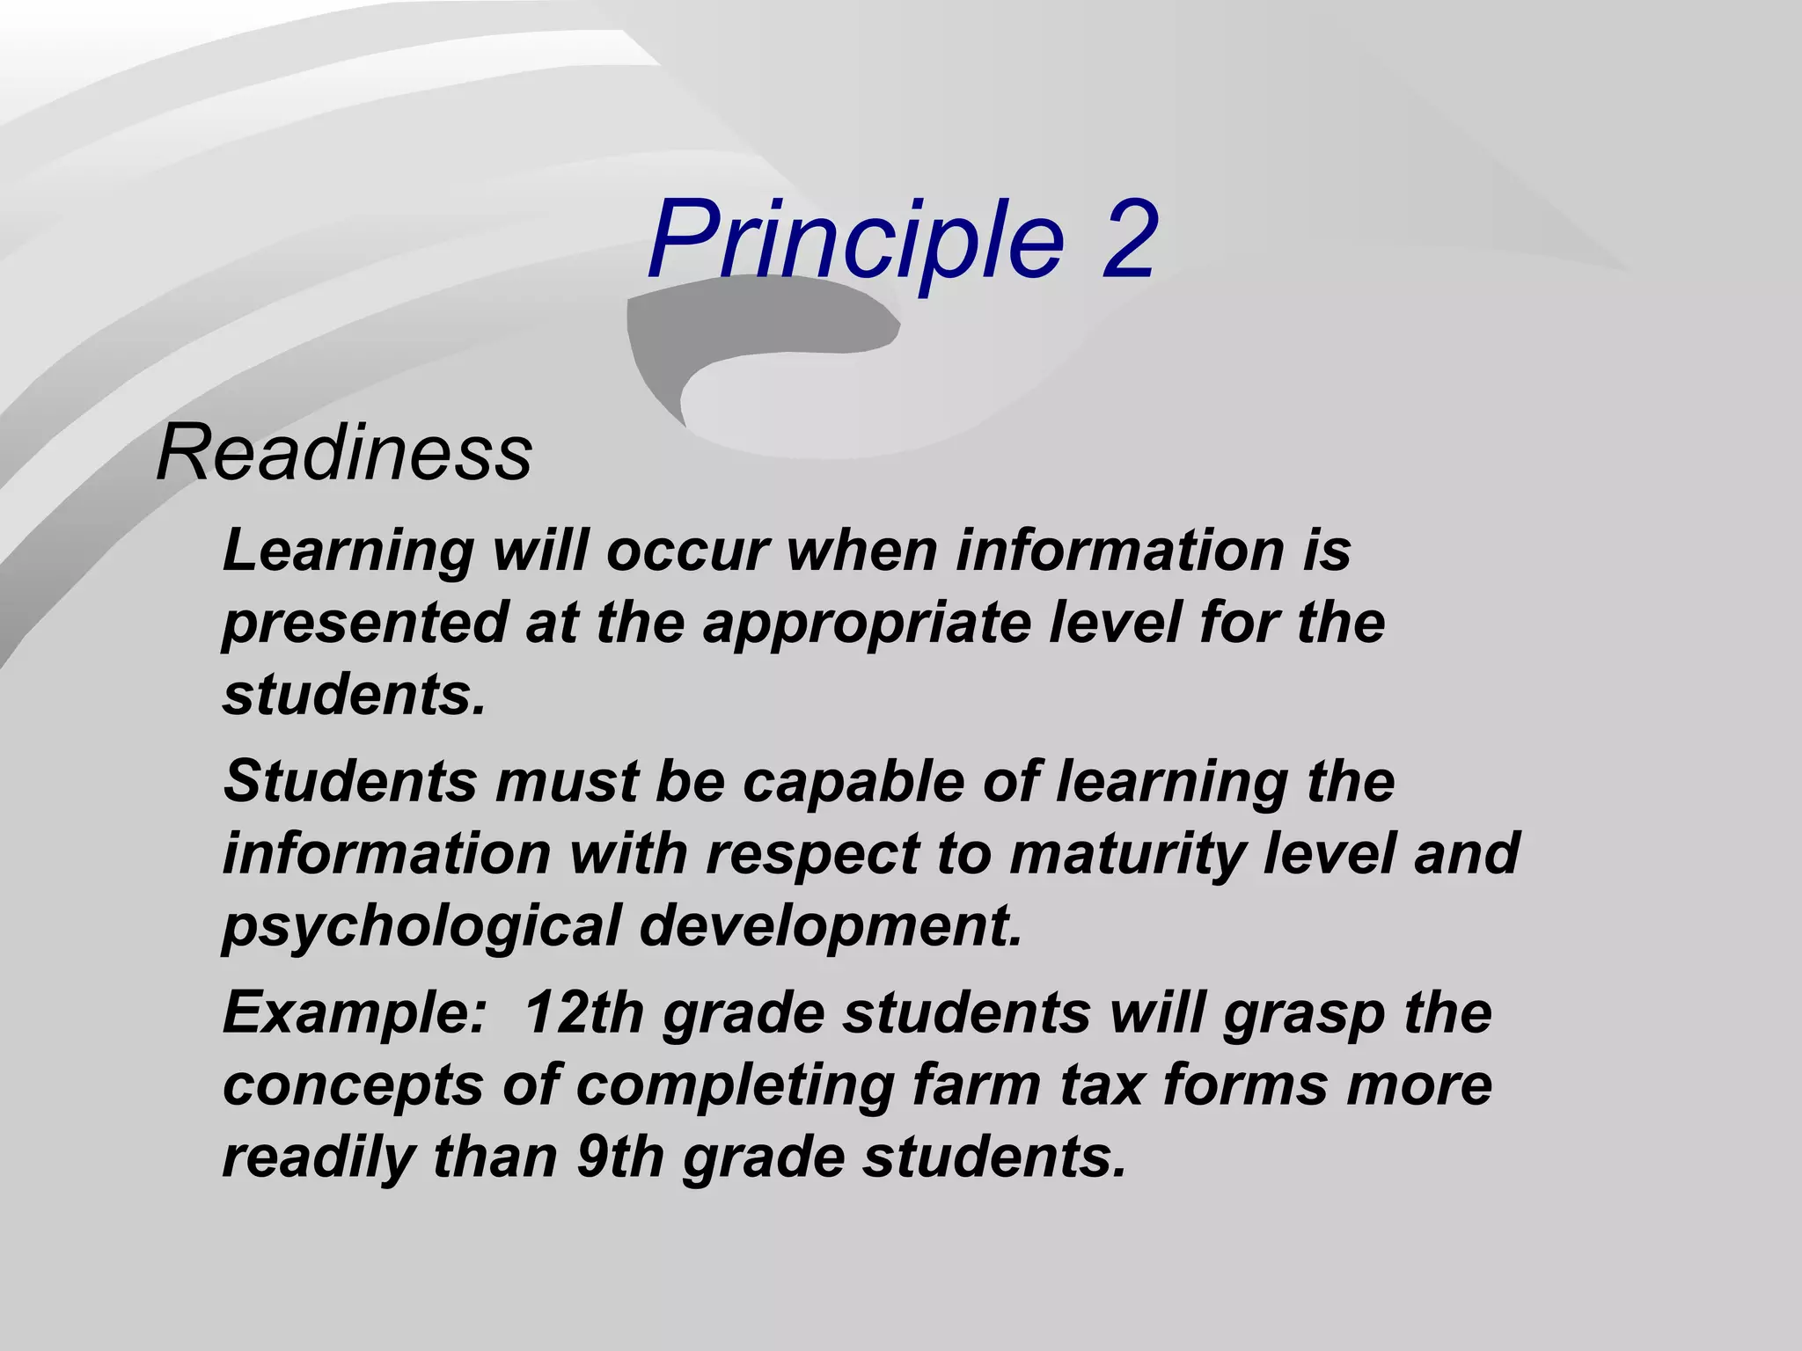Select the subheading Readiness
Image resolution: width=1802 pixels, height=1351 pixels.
point(344,453)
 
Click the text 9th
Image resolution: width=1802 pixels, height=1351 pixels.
point(620,1157)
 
